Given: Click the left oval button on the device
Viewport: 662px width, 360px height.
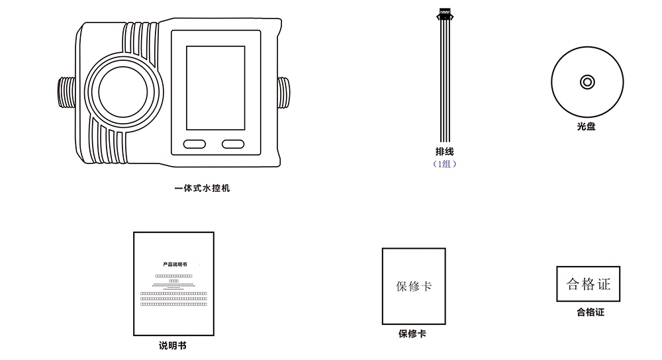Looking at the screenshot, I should point(195,144).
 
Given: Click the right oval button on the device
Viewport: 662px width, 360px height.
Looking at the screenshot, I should point(233,144).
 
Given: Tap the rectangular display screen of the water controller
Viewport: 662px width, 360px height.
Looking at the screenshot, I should point(215,88).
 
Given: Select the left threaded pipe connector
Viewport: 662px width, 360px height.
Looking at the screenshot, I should point(66,92).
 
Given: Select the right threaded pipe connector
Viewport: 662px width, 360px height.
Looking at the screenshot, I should point(283,92).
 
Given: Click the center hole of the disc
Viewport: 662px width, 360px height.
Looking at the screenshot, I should point(587,82).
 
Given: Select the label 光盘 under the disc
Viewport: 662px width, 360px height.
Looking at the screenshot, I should point(586,126).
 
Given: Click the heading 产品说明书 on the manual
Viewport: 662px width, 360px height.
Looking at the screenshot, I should point(174,264).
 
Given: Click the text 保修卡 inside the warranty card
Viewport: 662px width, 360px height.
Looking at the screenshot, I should point(414,286).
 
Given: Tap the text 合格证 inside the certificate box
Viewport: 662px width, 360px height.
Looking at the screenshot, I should point(589,284).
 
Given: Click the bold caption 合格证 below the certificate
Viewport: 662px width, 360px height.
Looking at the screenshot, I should point(590,312).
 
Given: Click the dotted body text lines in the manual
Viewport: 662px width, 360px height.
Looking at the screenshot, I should point(174,298).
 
